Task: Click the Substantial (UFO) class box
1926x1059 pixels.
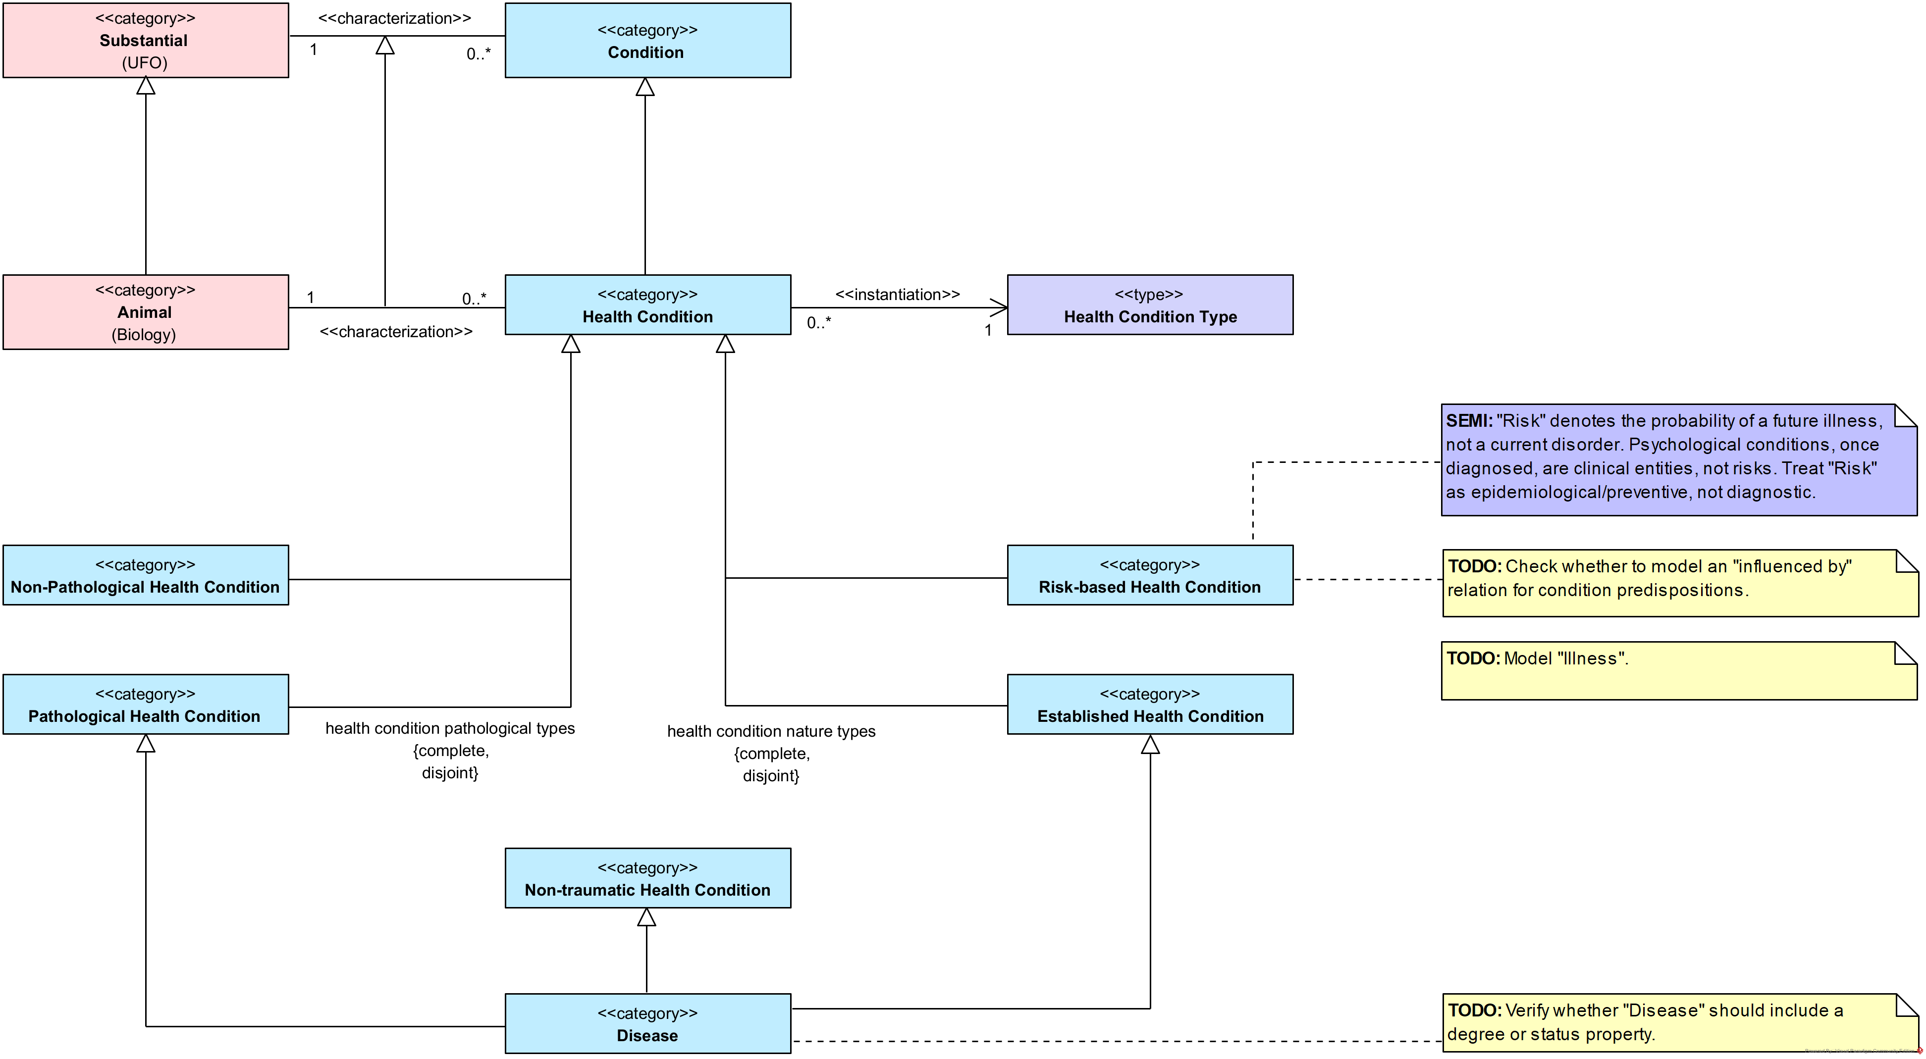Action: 145,41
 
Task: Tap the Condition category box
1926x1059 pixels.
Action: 647,41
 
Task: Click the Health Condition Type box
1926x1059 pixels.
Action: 1149,305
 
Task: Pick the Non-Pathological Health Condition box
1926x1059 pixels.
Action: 145,575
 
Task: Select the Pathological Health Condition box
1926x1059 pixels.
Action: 145,705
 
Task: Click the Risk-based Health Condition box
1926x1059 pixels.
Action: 1149,575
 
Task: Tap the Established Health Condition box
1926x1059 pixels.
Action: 1149,705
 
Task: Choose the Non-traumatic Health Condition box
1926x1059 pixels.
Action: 647,878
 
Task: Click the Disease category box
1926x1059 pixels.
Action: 647,1023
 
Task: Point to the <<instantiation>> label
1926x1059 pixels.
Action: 897,295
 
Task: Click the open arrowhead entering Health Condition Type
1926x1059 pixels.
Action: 1000,307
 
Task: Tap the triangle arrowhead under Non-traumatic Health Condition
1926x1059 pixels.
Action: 647,917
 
